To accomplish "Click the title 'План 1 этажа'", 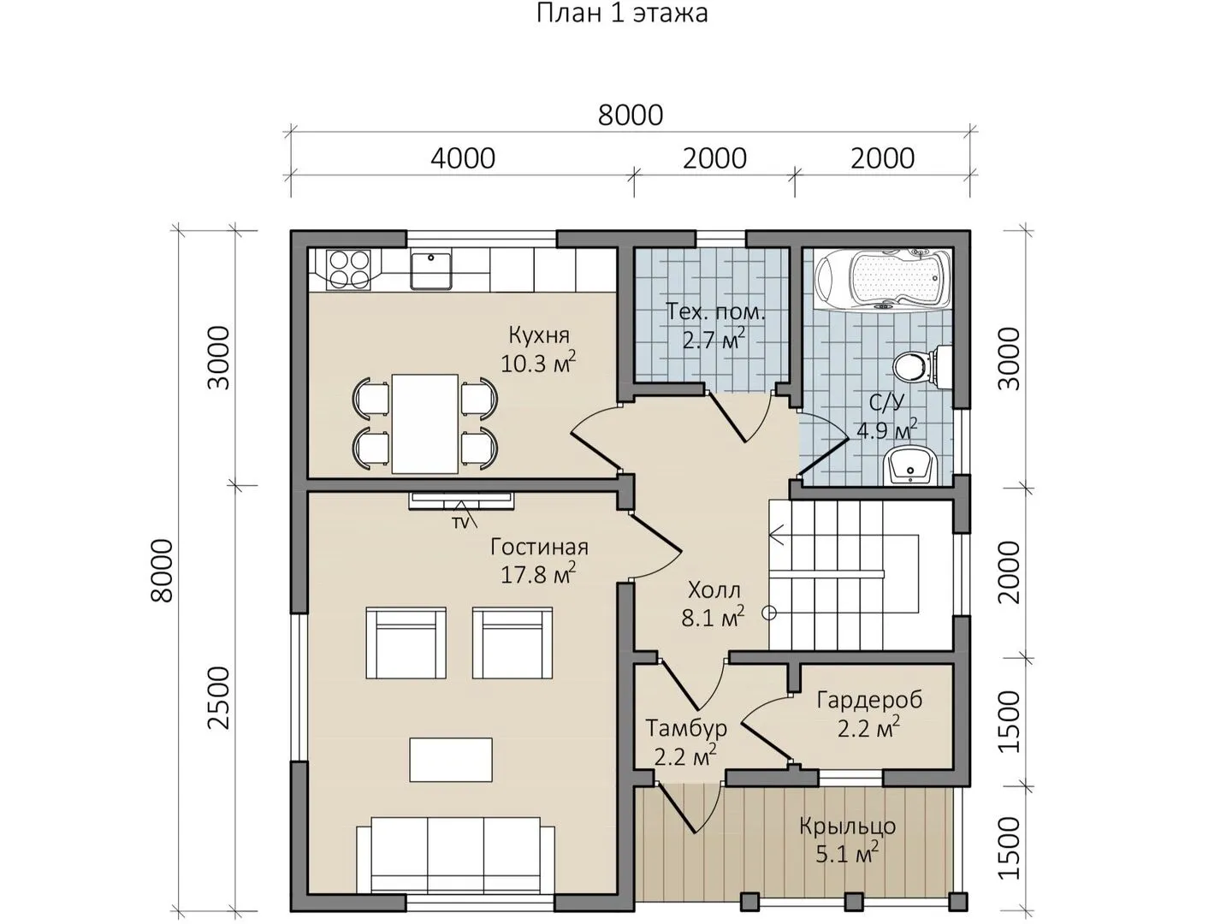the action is (x=622, y=14).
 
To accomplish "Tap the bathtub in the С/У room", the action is (x=883, y=278).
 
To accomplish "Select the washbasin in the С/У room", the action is (x=910, y=465).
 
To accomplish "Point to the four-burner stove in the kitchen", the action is (x=348, y=269).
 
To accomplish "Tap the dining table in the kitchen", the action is (x=425, y=423).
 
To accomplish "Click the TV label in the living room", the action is (x=460, y=523).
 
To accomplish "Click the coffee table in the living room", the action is (x=451, y=761).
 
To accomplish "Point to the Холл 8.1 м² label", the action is (x=714, y=604).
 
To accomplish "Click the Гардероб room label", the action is (x=869, y=700).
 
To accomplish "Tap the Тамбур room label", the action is (x=686, y=728).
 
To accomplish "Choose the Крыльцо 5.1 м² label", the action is (x=848, y=840).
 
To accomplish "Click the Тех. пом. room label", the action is (x=715, y=311).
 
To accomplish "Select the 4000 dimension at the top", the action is (x=463, y=159).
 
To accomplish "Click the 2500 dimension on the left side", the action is (x=218, y=697).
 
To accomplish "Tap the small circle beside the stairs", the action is (x=769, y=613).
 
